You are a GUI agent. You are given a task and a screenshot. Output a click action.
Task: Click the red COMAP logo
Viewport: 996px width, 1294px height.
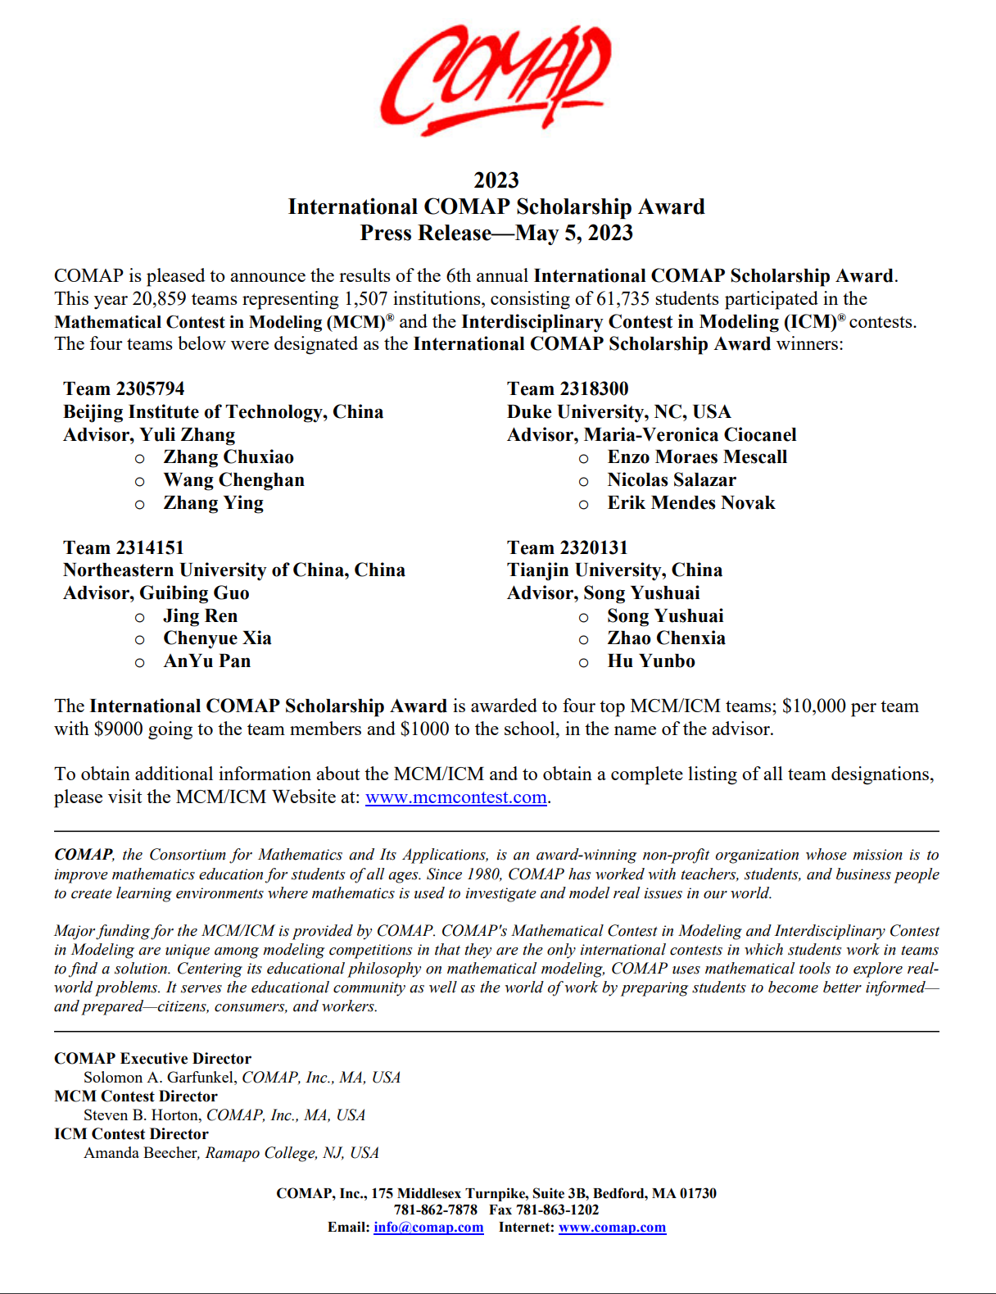pos(496,79)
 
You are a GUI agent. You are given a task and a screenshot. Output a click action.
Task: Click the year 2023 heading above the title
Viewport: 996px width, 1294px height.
pos(496,180)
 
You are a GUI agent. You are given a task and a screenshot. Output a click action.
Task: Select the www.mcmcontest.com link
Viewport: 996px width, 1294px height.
pos(455,797)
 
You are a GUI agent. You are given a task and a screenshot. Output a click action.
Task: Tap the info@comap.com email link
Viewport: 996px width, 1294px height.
pos(428,1228)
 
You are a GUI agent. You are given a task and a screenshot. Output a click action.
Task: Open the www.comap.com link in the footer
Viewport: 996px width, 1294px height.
pos(612,1228)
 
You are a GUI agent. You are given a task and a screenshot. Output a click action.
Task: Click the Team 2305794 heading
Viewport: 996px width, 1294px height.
pos(124,388)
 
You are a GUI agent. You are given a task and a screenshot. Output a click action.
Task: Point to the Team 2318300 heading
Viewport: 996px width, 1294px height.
pos(568,388)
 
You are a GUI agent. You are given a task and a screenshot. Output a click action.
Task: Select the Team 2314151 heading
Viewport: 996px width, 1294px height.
pos(124,547)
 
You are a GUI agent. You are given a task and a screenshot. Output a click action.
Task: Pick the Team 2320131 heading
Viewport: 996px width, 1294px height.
pos(568,547)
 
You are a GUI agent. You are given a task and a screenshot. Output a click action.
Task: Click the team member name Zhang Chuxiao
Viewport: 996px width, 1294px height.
pos(229,457)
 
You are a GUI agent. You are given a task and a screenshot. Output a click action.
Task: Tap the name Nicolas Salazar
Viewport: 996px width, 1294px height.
pos(672,480)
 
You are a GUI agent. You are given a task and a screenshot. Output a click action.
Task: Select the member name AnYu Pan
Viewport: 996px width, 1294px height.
pos(207,661)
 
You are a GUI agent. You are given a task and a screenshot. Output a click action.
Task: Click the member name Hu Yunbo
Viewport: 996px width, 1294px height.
pos(651,661)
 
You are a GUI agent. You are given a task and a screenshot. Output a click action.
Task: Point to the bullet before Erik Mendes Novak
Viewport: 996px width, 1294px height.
pos(583,505)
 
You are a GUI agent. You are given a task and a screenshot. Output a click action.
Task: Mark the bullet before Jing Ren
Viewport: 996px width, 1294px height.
pos(140,617)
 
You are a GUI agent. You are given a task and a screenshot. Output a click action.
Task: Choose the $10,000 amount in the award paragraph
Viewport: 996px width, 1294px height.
pos(814,706)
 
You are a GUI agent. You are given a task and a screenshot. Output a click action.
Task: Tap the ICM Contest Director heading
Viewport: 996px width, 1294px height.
pos(132,1134)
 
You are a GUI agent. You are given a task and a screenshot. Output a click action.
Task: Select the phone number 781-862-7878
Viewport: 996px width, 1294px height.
pos(436,1210)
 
